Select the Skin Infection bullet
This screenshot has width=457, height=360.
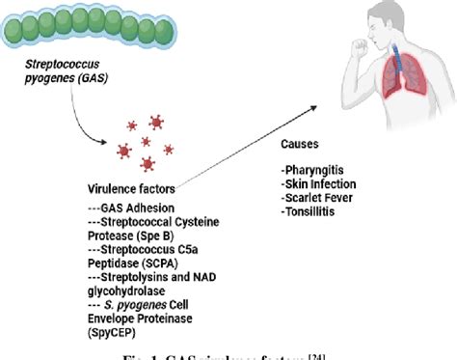tap(320, 182)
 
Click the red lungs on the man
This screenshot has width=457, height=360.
tap(401, 76)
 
